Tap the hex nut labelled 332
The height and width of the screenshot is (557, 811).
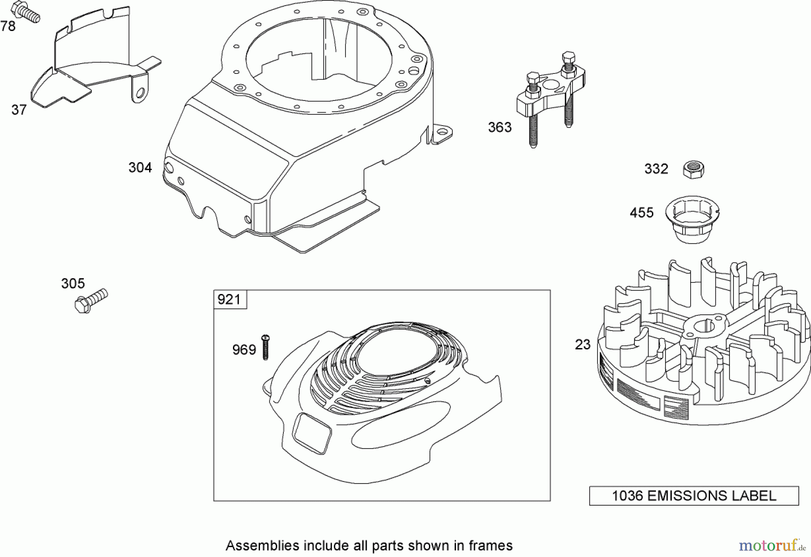[x=693, y=169]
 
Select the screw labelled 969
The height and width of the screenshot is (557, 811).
[x=265, y=347]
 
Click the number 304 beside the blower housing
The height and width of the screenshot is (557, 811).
[x=140, y=168]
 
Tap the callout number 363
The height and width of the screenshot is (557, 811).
[x=500, y=127]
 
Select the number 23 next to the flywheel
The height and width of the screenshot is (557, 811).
[x=583, y=344]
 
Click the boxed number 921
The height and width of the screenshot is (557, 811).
[x=229, y=299]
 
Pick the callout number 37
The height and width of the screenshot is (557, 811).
[x=19, y=110]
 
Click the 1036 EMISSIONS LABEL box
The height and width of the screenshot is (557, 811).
[x=694, y=496]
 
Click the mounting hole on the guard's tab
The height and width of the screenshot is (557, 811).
[x=141, y=93]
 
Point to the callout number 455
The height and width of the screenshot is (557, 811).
[x=642, y=213]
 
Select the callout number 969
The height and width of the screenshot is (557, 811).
[x=244, y=350]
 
